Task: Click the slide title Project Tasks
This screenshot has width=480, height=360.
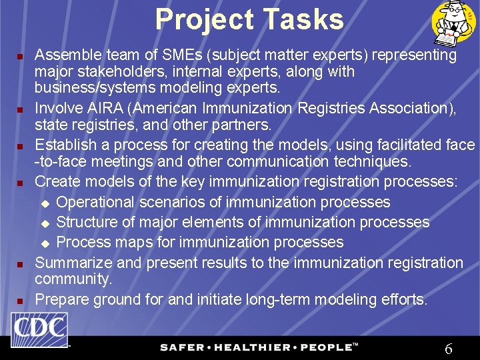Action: (x=250, y=19)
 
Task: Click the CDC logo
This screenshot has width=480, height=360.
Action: (x=39, y=330)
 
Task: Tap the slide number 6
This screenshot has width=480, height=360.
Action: (x=449, y=348)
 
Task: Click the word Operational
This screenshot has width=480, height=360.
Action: (x=97, y=202)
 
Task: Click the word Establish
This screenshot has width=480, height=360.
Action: (x=63, y=145)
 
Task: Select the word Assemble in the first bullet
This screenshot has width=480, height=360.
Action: (x=66, y=55)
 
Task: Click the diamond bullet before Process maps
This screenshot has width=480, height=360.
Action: (x=46, y=243)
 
